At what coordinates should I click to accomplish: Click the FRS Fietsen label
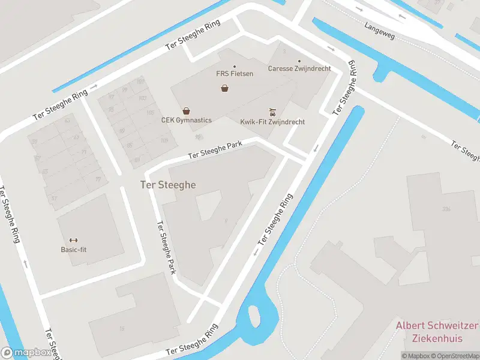235,74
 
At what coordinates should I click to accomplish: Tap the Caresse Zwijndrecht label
299,68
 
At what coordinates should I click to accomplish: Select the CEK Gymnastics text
186,120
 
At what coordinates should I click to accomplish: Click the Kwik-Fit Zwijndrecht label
272,122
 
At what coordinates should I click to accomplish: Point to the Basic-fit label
73,250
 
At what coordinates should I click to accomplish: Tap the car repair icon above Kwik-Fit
272,112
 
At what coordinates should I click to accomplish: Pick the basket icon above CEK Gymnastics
187,111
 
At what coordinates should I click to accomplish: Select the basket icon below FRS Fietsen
224,88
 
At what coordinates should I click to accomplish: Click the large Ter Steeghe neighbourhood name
168,185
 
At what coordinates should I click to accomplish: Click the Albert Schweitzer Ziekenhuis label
437,332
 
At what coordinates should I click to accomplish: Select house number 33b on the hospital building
445,209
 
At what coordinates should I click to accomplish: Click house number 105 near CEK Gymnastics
150,113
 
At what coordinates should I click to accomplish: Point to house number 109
164,141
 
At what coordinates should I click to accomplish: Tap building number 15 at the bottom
122,329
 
